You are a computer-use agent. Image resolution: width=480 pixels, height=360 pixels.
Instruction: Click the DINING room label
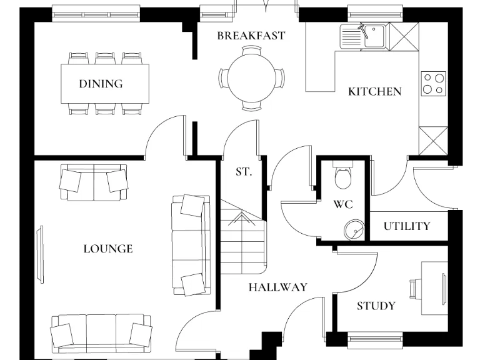pyautogui.click(x=101, y=84)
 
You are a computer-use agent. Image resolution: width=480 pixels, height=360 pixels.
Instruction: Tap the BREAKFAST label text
pyautogui.click(x=251, y=36)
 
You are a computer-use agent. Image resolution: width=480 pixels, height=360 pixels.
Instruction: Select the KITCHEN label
pyautogui.click(x=375, y=92)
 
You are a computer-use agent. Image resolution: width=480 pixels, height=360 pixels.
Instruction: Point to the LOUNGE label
pyautogui.click(x=108, y=249)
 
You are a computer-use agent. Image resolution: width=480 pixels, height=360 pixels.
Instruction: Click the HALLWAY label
pyautogui.click(x=278, y=287)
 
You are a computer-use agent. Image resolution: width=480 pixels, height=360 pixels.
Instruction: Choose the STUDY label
pyautogui.click(x=376, y=306)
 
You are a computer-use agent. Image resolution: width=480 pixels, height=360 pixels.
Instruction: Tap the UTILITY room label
pyautogui.click(x=407, y=226)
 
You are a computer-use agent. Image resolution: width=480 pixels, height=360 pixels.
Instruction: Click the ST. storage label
pyautogui.click(x=244, y=171)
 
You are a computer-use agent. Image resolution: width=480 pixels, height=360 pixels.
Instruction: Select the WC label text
pyautogui.click(x=343, y=204)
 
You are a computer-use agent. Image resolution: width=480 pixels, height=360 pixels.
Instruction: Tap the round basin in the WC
pyautogui.click(x=354, y=229)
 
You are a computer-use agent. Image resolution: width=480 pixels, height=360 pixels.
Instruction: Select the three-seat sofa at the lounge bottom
pyautogui.click(x=101, y=331)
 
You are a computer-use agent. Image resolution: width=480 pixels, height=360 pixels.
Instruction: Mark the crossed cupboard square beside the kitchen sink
pyautogui.click(x=402, y=36)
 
